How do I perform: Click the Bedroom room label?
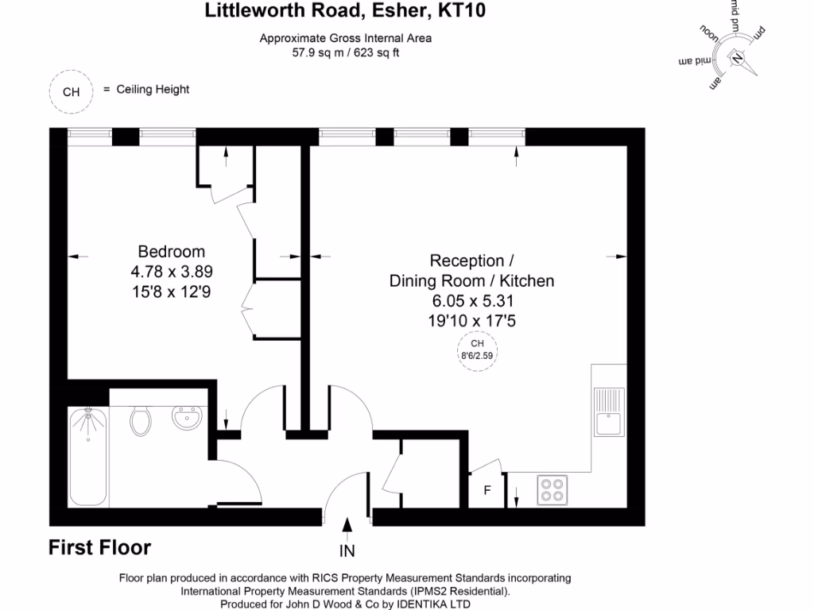172,252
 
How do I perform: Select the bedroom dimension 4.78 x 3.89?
172,272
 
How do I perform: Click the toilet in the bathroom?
141,420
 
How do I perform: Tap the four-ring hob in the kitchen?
552,489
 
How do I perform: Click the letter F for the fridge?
488,490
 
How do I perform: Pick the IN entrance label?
347,550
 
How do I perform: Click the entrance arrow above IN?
347,526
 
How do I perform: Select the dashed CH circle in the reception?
477,349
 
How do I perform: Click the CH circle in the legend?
72,91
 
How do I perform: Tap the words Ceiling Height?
153,90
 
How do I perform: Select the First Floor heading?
99,547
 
